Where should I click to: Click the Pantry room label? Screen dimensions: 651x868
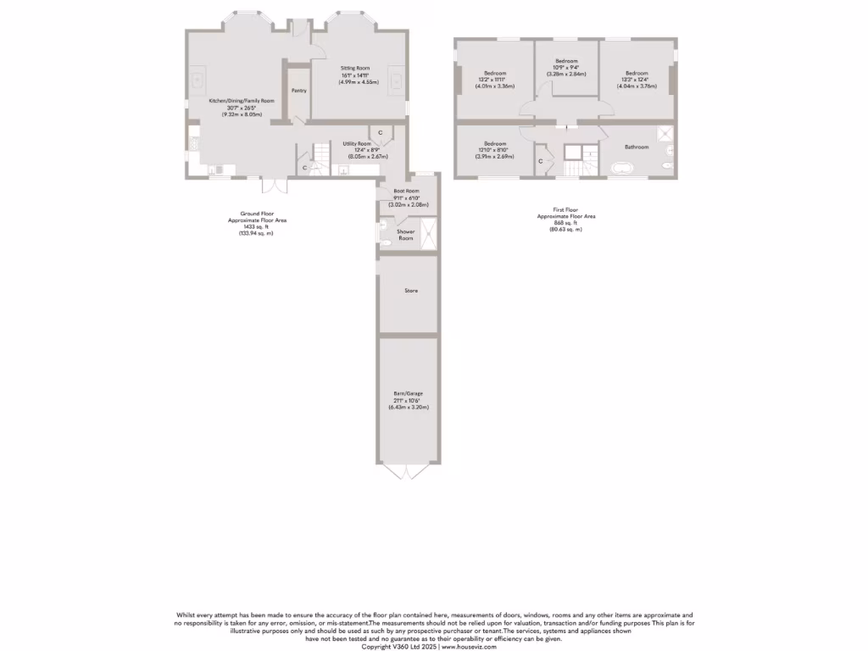point(298,90)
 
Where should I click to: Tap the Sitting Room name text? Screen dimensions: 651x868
point(356,68)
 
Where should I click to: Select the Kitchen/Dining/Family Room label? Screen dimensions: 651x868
point(242,101)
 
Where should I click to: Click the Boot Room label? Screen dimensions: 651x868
point(406,192)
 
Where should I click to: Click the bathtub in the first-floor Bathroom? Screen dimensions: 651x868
point(626,168)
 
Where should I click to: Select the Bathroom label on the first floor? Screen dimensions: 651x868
point(637,147)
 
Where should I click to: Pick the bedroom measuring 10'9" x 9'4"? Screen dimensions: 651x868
point(566,62)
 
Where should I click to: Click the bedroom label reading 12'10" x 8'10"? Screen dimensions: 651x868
point(495,143)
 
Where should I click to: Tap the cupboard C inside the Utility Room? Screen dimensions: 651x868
point(381,133)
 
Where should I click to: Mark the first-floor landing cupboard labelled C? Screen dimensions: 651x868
point(541,160)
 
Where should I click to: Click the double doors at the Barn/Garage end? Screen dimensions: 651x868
point(407,471)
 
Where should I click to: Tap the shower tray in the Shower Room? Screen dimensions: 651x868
point(429,233)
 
